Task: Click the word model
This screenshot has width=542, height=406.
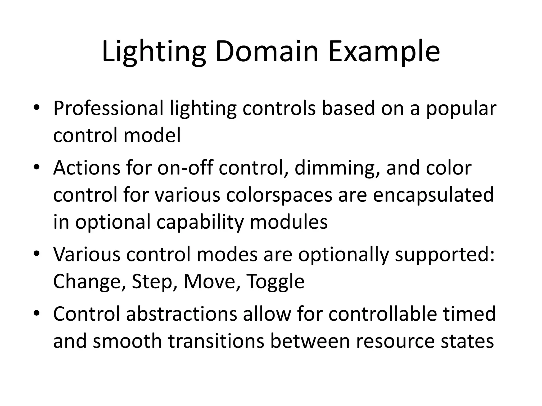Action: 152,135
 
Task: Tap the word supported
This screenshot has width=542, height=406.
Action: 445,255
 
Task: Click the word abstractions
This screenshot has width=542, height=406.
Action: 182,314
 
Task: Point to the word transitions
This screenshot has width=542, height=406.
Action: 216,341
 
